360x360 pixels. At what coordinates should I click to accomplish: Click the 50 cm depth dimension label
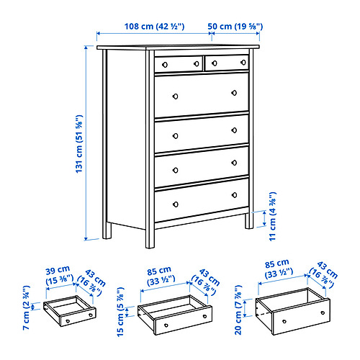[x=235, y=27]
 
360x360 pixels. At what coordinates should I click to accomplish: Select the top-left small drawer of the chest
[x=177, y=64]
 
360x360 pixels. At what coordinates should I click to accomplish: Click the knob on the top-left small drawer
[x=165, y=65]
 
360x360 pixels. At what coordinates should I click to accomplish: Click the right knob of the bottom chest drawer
[x=235, y=194]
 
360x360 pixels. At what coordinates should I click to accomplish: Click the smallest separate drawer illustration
[x=70, y=312]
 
